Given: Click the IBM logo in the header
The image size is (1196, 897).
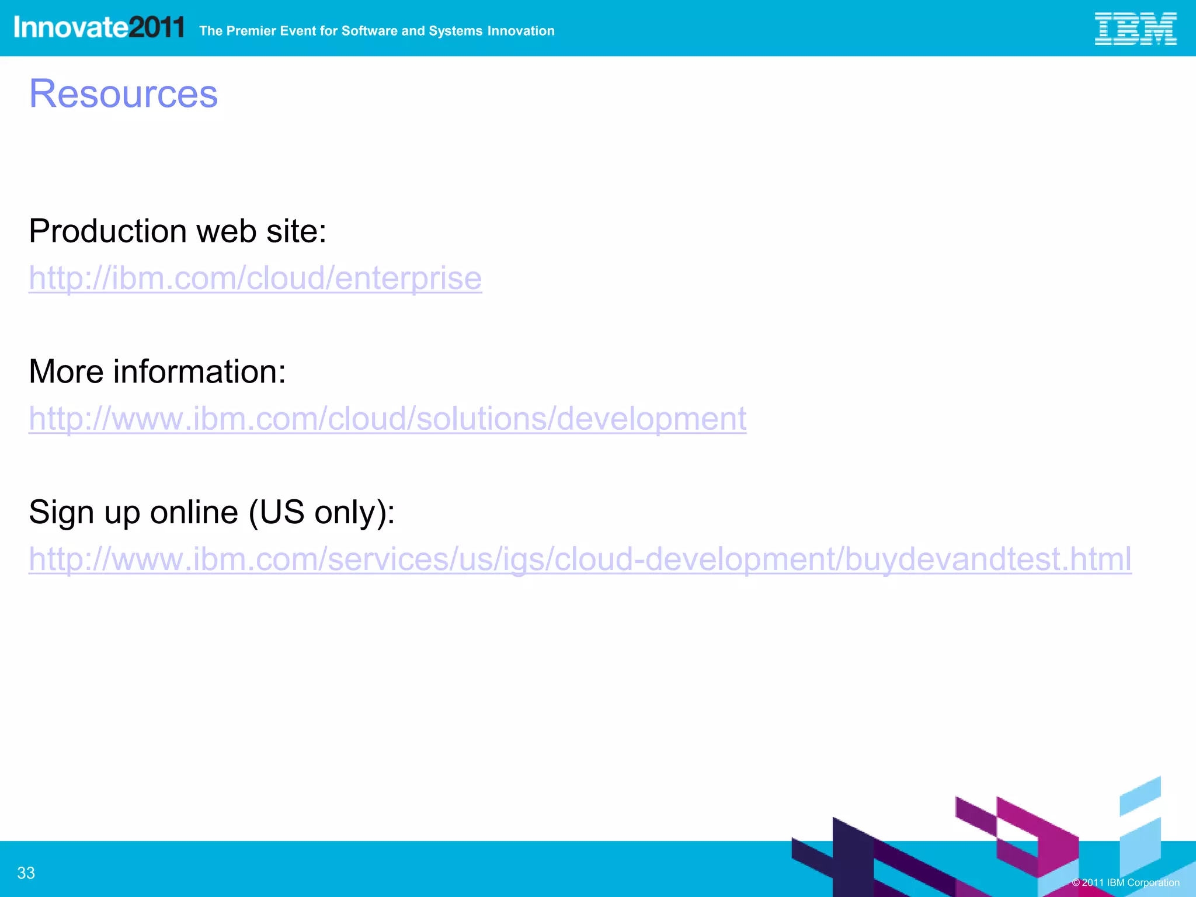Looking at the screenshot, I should [1135, 29].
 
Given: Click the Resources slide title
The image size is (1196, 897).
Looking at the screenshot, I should [123, 93].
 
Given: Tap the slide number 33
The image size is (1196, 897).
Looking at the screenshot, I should [26, 872].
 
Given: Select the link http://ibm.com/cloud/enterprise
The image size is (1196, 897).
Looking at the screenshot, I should [255, 277].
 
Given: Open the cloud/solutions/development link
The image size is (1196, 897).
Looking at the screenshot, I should [387, 418].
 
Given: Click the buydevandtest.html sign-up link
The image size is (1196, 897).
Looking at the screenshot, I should [580, 559].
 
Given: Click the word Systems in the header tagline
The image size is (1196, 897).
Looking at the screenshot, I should [456, 31].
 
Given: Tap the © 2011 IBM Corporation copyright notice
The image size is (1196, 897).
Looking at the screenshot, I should [1125, 882].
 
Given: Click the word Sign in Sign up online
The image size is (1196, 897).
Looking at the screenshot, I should [61, 512].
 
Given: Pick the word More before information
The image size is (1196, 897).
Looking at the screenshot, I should [66, 371].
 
